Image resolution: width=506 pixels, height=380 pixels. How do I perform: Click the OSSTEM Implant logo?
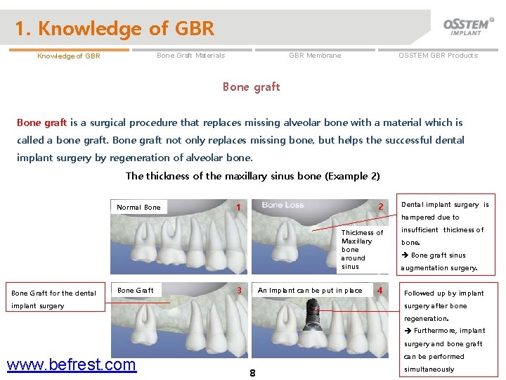point(468,26)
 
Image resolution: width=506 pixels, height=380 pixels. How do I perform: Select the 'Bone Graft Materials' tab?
point(190,56)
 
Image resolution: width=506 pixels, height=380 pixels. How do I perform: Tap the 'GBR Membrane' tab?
point(315,56)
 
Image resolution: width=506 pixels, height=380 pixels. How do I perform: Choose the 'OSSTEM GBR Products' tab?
point(438,56)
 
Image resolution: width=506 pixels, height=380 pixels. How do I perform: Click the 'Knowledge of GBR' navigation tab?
point(69,56)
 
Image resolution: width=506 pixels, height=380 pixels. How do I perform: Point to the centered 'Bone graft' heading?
point(251,87)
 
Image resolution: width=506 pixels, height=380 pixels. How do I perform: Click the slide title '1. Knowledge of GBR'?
point(115,29)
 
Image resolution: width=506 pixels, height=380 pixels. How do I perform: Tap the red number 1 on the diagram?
point(239,207)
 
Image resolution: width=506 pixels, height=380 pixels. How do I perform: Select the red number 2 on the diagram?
point(381,207)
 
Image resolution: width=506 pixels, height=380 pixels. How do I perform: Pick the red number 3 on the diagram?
point(239,290)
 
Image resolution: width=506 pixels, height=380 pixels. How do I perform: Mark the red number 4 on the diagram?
point(379,290)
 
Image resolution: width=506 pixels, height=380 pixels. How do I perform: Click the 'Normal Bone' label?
point(138,208)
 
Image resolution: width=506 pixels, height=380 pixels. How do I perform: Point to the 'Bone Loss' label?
point(283,205)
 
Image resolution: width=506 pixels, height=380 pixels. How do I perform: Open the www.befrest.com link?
point(71,365)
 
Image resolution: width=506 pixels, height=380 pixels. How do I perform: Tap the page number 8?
point(252,373)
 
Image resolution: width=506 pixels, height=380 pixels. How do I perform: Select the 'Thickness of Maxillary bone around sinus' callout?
point(362,250)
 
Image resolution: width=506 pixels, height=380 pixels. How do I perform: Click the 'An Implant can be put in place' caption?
point(310,290)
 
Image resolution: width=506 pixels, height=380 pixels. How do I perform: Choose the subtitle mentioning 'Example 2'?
point(252,176)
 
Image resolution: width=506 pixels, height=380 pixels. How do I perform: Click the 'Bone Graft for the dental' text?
point(53,293)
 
